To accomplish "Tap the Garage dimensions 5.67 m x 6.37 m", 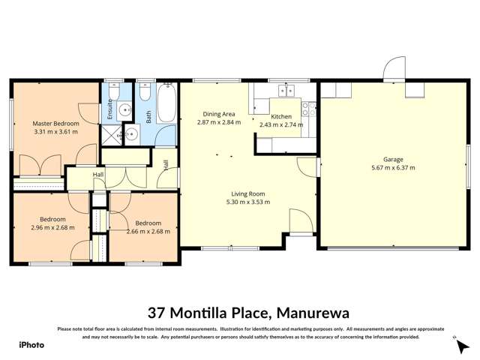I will coord(393,167).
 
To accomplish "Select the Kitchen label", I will coord(281,117).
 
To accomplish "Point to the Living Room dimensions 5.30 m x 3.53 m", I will coord(247,202).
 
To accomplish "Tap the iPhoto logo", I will coord(31,345).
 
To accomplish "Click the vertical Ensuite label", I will coord(110,109).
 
